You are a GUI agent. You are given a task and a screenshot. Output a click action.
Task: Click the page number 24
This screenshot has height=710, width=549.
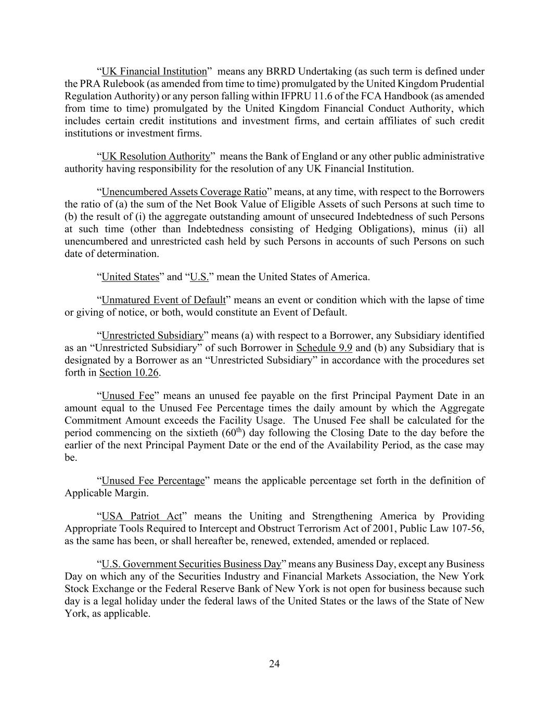tap(274, 664)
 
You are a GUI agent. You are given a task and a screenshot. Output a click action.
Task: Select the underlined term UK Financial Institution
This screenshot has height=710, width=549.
tap(154, 72)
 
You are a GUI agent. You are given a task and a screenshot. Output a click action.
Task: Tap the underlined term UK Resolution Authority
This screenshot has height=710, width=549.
tap(156, 157)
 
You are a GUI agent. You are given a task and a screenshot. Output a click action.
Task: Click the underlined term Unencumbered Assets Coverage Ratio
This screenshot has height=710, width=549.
tap(184, 192)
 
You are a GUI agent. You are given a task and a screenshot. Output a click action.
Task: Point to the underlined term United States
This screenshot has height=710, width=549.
tap(130, 277)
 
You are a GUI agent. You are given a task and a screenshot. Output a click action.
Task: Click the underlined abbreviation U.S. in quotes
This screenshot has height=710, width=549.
tap(199, 277)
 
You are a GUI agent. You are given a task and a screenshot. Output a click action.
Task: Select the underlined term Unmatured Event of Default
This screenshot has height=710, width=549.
tap(163, 300)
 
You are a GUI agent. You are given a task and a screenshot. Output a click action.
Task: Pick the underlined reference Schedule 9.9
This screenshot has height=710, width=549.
tap(324, 348)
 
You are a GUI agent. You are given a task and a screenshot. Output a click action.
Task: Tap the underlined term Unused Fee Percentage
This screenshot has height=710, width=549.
tap(153, 481)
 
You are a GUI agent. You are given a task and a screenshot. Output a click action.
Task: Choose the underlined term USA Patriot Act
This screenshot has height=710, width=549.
tap(142, 517)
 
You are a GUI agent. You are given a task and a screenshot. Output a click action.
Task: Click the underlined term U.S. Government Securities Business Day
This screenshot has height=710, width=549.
tap(191, 564)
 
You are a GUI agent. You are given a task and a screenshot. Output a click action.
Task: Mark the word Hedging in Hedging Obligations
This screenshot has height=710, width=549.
tap(338, 229)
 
